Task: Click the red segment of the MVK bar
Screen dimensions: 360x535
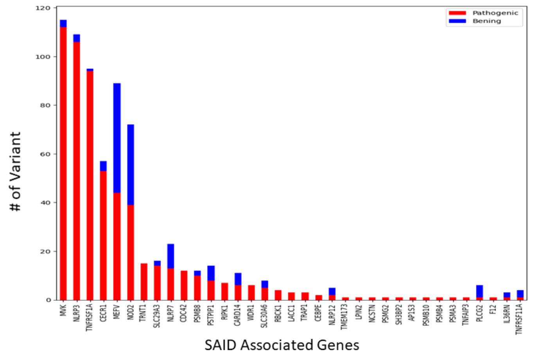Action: pyautogui.click(x=63, y=164)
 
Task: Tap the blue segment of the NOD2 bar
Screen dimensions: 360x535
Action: pyautogui.click(x=130, y=165)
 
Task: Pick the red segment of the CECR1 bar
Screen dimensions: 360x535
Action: pyautogui.click(x=103, y=235)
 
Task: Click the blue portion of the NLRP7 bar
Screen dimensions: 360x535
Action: pyautogui.click(x=171, y=256)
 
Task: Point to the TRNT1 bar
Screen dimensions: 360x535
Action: pyautogui.click(x=144, y=282)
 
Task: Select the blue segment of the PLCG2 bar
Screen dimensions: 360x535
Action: pyautogui.click(x=480, y=291)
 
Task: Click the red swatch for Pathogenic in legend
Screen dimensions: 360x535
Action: pyautogui.click(x=457, y=13)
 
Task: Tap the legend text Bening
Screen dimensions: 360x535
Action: pyautogui.click(x=487, y=21)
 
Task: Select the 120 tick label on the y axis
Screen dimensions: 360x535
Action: pyautogui.click(x=43, y=8)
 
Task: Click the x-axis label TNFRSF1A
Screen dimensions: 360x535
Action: pyautogui.click(x=90, y=319)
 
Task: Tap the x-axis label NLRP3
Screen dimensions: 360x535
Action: pyautogui.click(x=77, y=314)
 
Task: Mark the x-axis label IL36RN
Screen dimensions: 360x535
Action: pyautogui.click(x=507, y=315)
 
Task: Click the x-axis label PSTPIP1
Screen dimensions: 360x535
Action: pyautogui.click(x=211, y=316)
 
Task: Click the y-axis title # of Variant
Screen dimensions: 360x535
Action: pyautogui.click(x=16, y=172)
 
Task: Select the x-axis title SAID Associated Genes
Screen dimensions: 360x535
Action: pyautogui.click(x=282, y=345)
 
